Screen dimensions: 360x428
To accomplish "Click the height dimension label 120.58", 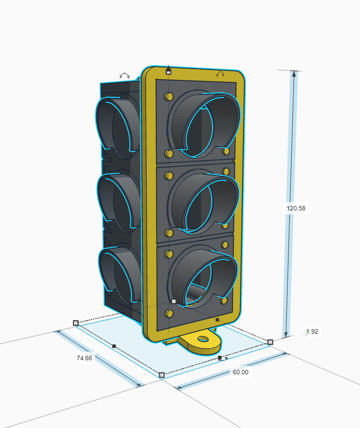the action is pos(296,208).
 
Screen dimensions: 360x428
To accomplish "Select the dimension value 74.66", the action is pos(84,358).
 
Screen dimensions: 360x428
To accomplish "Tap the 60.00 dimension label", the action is pos(240,372).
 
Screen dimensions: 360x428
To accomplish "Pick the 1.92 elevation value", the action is pos(312,331).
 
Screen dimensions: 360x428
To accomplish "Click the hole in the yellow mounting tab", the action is pos(203,339).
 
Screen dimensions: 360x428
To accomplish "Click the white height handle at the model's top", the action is pos(169,72).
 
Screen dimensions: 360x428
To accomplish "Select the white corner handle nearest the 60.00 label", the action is pos(270,342).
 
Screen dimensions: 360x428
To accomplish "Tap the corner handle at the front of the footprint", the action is pos(162,375).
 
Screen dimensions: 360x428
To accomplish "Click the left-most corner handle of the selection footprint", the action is pos(76,323).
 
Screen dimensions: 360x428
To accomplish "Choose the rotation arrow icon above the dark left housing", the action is pos(124,76).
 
